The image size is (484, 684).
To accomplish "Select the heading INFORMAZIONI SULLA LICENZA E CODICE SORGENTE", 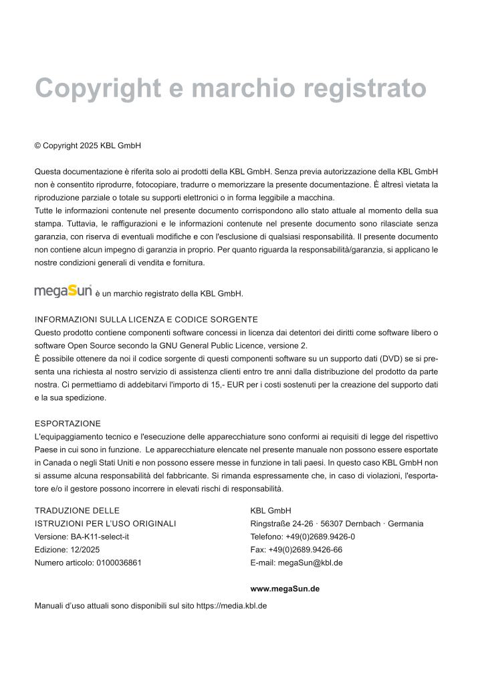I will [x=146, y=319].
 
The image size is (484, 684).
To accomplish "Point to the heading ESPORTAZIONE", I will [x=68, y=423].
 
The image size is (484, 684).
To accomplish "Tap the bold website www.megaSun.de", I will [x=284, y=588].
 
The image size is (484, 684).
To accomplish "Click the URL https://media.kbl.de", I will [x=232, y=606].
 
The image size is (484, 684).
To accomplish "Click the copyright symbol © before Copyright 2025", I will [x=37, y=145].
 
